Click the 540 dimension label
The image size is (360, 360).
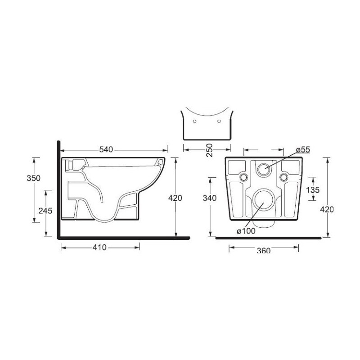tap(106, 150)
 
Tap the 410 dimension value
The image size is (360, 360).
tap(99, 247)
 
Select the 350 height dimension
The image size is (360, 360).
tap(33, 178)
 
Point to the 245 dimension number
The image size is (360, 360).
tap(45, 211)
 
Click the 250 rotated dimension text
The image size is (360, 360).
tap(209, 150)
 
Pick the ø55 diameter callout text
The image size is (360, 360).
tap(303, 150)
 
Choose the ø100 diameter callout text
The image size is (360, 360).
tap(246, 231)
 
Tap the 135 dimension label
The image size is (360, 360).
tap(313, 189)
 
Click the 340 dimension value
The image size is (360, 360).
tap(210, 198)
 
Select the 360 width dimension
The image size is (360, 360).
tap(264, 250)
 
